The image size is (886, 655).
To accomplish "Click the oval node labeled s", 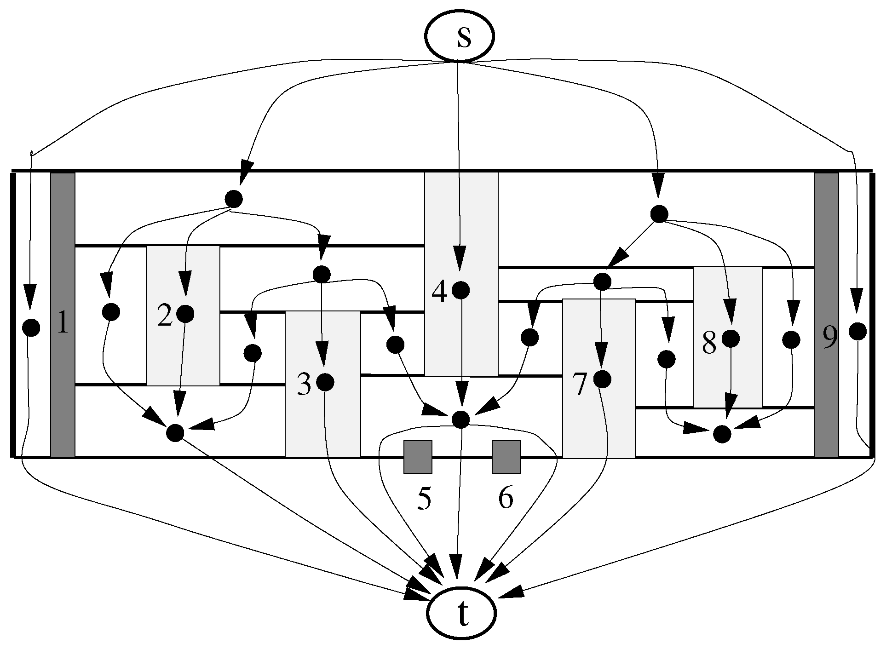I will (459, 37).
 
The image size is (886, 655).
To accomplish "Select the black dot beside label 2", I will (185, 314).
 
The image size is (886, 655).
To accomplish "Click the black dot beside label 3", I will (325, 382).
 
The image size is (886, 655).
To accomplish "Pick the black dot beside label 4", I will (460, 290).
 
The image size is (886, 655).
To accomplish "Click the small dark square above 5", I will (418, 457).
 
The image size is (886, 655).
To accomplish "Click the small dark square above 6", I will (506, 457).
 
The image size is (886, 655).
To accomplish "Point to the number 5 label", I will (424, 499).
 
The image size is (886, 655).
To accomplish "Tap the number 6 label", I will (505, 498).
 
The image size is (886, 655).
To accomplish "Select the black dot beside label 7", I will (602, 379).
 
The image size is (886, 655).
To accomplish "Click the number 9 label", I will (830, 338).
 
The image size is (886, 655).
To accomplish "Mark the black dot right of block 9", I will (857, 331).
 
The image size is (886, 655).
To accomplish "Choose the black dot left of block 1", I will (31, 327).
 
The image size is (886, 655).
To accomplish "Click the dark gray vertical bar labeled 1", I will (63, 391).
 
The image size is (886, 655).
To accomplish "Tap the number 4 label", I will (439, 292).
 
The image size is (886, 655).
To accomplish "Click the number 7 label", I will (580, 385).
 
